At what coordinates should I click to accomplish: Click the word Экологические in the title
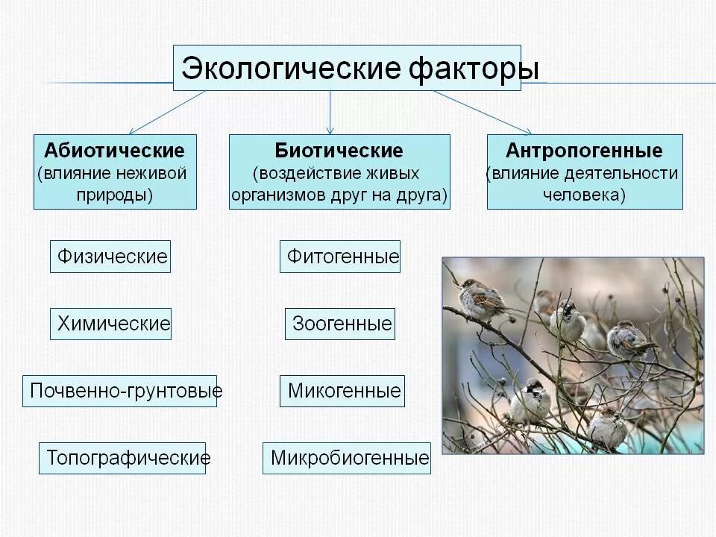point(292,69)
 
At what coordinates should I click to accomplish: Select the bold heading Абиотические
point(114,151)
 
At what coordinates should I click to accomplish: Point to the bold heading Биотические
point(339,151)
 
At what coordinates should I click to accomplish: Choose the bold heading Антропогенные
point(584,151)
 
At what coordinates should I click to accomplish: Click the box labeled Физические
point(110,257)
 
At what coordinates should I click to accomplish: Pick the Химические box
point(111,324)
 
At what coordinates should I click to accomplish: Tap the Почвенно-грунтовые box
point(120,391)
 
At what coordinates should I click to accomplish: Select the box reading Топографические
point(124,457)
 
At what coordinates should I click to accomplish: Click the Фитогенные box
point(340,257)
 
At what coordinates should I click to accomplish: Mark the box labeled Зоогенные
point(340,324)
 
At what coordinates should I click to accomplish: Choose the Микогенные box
point(342,391)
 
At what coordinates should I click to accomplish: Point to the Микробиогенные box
point(348,457)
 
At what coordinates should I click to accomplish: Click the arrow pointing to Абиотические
point(168,112)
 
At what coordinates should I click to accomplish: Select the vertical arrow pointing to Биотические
point(330,112)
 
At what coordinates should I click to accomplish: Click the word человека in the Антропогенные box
point(584,195)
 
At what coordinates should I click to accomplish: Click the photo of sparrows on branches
point(573,355)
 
